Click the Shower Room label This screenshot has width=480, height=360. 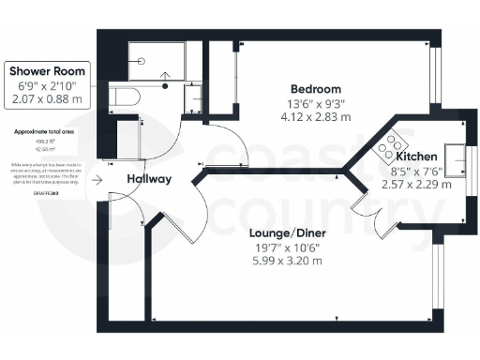[49, 70]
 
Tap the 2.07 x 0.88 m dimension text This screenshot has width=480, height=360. [49, 97]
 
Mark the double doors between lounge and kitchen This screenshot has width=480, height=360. [362, 212]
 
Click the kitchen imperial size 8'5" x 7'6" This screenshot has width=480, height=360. [408, 172]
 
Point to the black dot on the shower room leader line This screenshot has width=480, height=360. [167, 84]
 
